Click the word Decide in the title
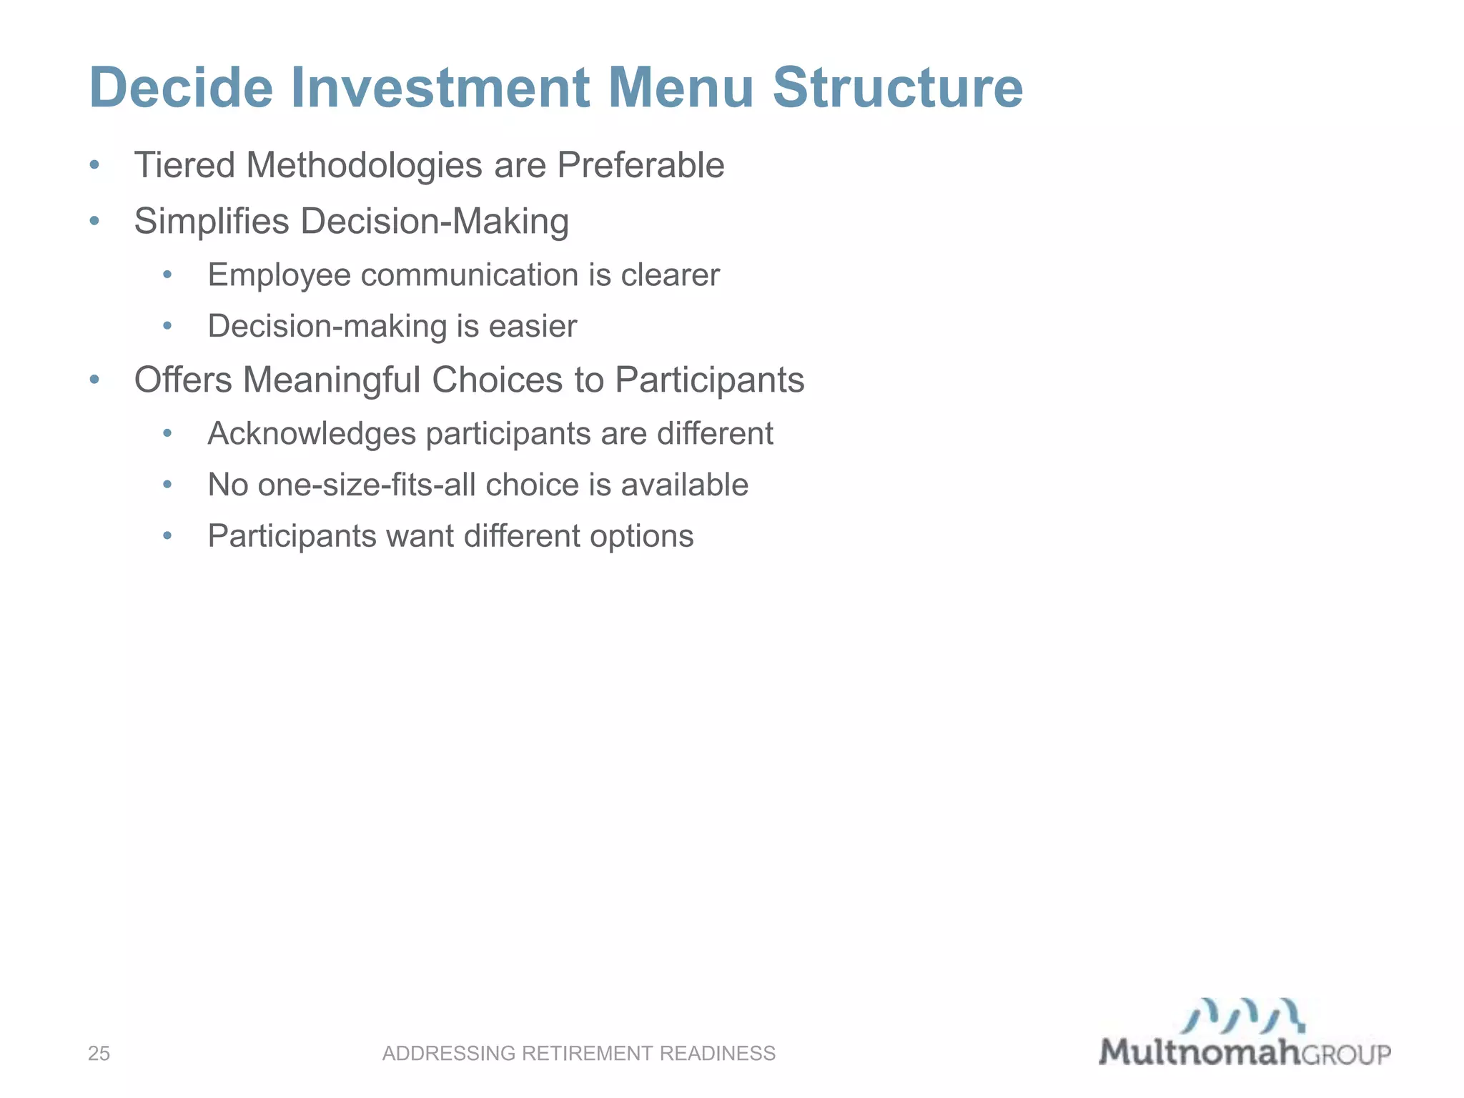pyautogui.click(x=181, y=87)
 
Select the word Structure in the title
pyautogui.click(x=898, y=87)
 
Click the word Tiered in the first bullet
pyautogui.click(x=184, y=165)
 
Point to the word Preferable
pyautogui.click(x=640, y=165)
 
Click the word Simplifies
pyautogui.click(x=212, y=221)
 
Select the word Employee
pyautogui.click(x=279, y=275)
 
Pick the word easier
pyautogui.click(x=533, y=327)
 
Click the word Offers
pyautogui.click(x=183, y=380)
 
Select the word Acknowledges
pyautogui.click(x=312, y=434)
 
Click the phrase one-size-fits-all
pyautogui.click(x=367, y=485)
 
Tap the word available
pyautogui.click(x=684, y=485)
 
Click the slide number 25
pyautogui.click(x=99, y=1053)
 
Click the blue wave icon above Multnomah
pyautogui.click(x=1242, y=1016)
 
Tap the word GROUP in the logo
pyautogui.click(x=1345, y=1054)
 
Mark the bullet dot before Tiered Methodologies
pyautogui.click(x=94, y=166)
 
